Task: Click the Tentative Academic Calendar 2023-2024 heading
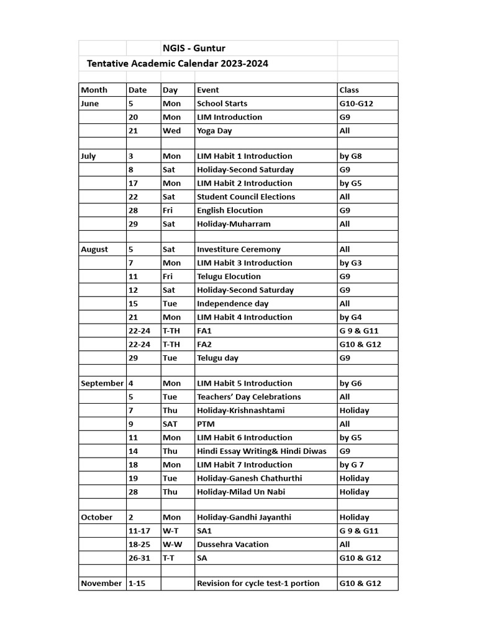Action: (178, 63)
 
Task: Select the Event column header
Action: (208, 90)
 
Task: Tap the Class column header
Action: (349, 90)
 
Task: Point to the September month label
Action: (102, 383)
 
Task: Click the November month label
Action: (101, 583)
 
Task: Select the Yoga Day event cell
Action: (214, 131)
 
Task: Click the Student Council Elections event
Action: (246, 197)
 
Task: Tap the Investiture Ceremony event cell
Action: (238, 249)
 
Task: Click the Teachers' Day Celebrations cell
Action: (248, 397)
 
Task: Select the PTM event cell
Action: (204, 424)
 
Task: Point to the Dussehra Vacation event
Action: (233, 544)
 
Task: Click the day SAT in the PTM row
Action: (170, 424)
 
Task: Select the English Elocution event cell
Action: (230, 210)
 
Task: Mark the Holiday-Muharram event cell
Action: (234, 224)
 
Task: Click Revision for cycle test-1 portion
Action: (258, 583)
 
